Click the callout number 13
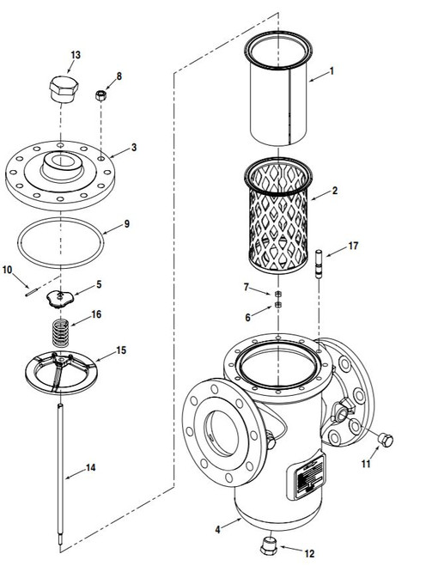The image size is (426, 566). pos(76,55)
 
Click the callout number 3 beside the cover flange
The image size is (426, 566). pos(134,148)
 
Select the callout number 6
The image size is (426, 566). pos(247,318)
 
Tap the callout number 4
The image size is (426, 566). pos(217,530)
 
